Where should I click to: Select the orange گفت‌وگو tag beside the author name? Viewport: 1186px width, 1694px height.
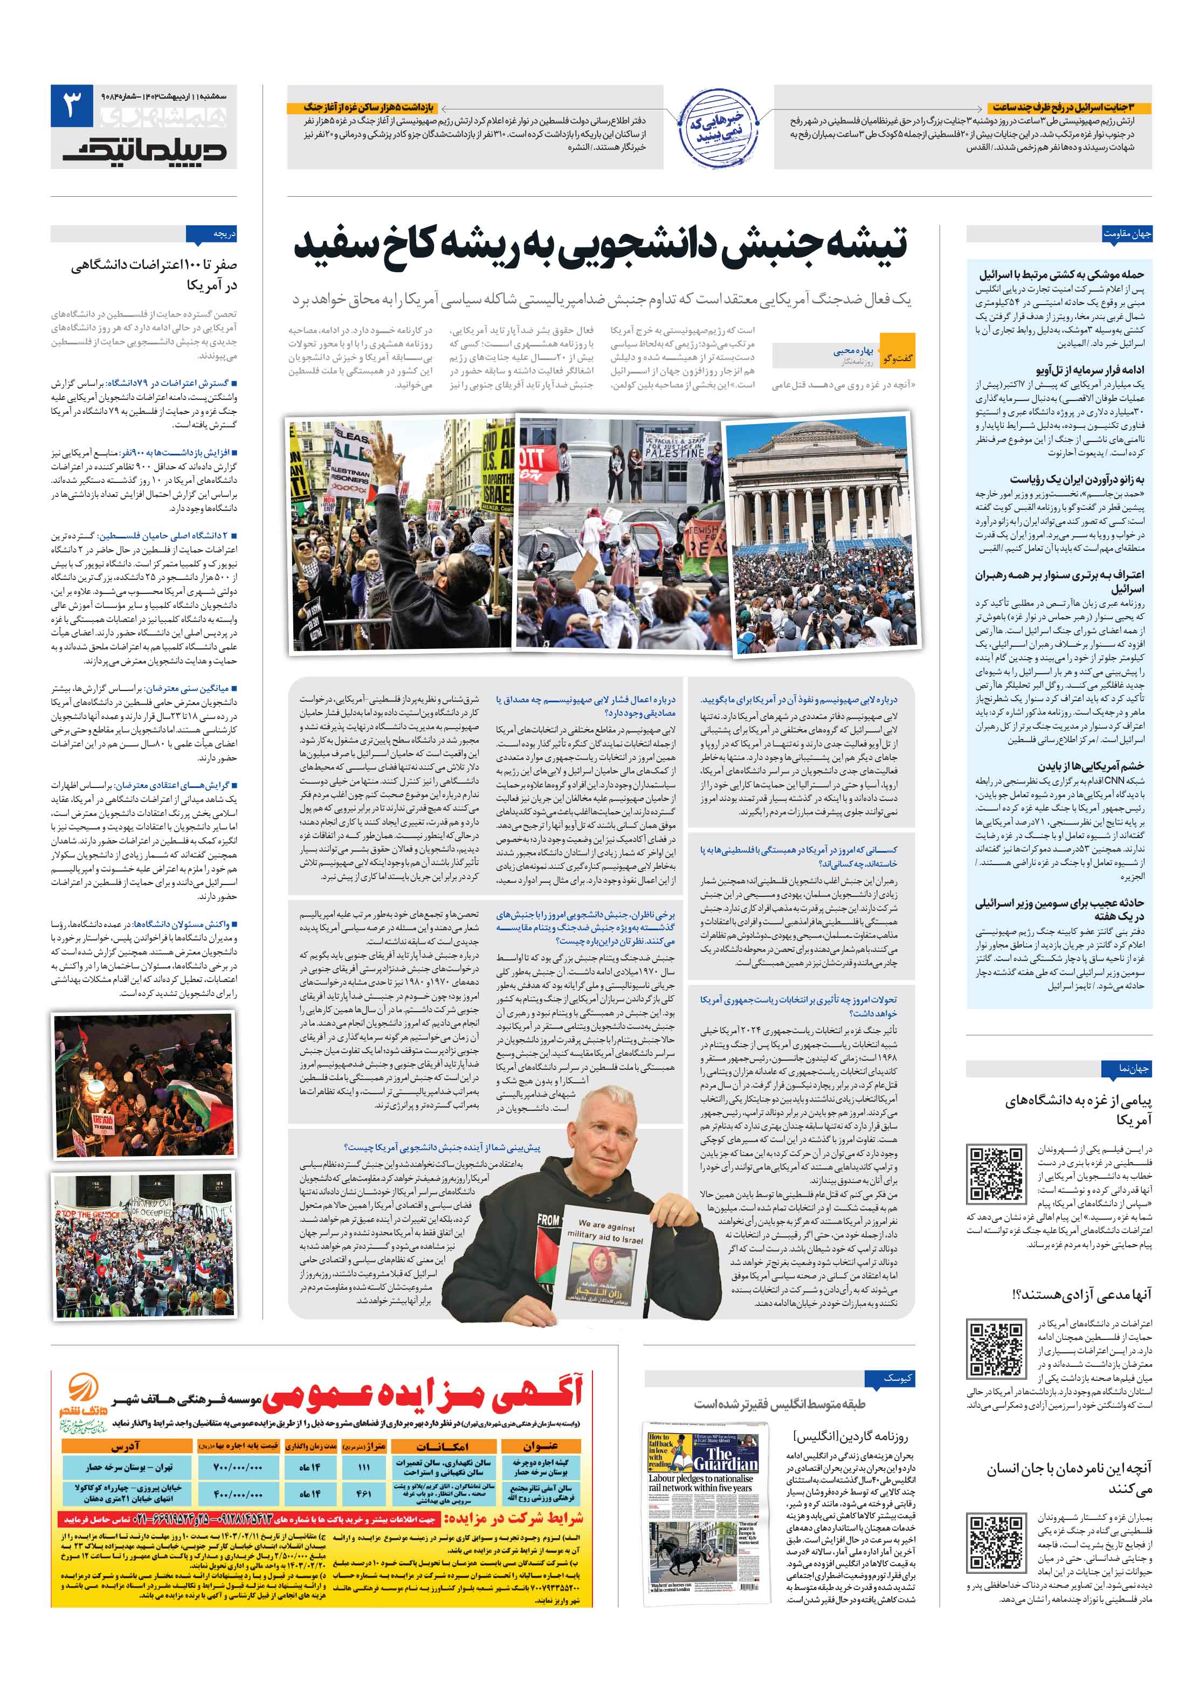[902, 358]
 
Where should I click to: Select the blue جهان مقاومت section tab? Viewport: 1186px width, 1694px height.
[1126, 234]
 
